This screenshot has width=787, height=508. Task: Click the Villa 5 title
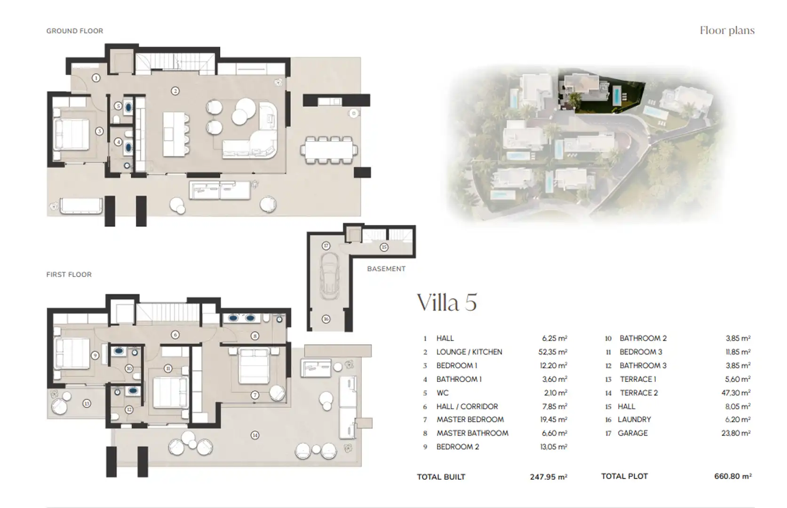coord(447,302)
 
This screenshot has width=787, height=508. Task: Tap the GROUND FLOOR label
coord(75,31)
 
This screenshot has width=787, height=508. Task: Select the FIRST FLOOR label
coord(69,274)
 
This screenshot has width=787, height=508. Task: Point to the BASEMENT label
coord(386,269)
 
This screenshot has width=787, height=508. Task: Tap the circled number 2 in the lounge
coord(175,91)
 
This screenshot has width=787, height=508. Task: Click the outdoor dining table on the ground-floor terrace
coord(329,150)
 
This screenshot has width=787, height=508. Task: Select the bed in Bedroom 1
coord(71,135)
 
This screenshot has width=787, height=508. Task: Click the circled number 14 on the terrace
coord(255,436)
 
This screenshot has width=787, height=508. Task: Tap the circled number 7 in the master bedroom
coord(255,395)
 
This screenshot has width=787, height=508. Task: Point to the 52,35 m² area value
coord(553,352)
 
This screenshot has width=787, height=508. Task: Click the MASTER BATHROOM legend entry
coord(472,433)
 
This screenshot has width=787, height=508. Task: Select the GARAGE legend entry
coord(632,433)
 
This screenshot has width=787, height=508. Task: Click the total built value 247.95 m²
coord(549,477)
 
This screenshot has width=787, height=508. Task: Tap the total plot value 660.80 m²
coord(733,476)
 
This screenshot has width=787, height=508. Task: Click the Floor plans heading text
coord(727,31)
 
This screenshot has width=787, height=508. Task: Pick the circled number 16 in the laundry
coord(326,319)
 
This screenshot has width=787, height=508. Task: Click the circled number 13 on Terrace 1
coord(87,404)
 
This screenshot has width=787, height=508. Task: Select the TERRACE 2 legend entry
coord(639,393)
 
